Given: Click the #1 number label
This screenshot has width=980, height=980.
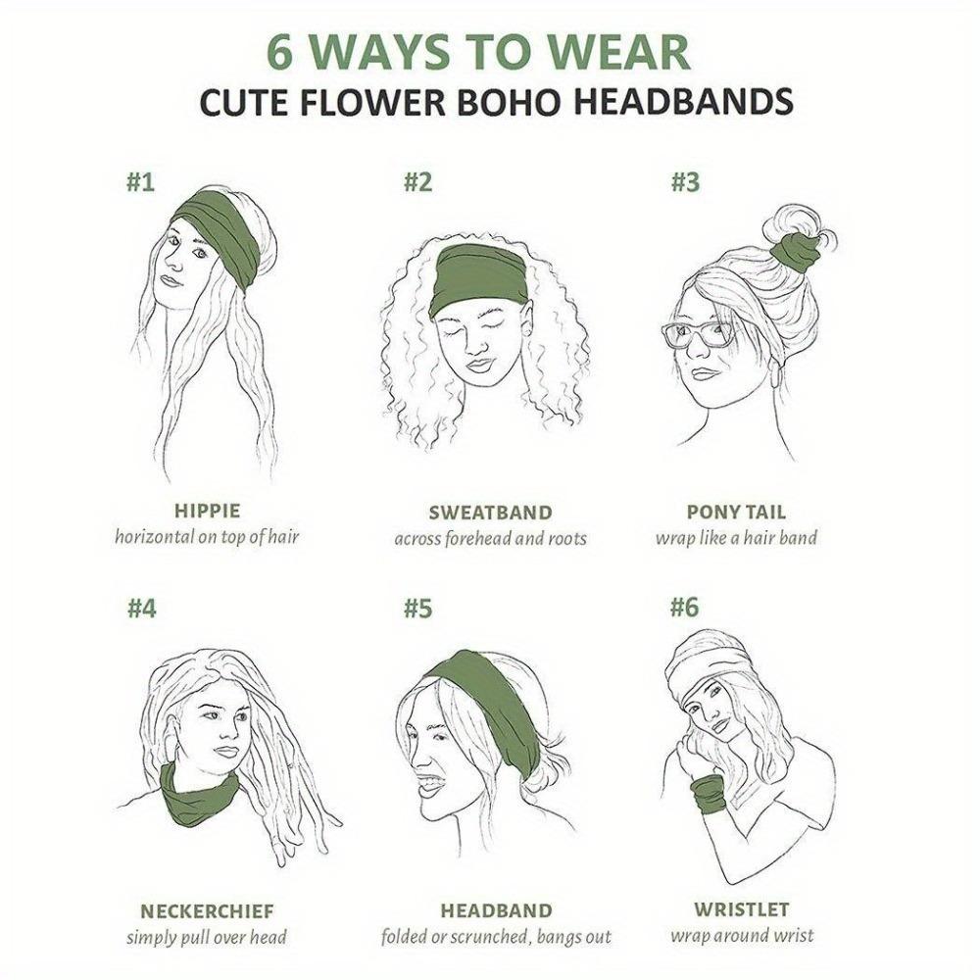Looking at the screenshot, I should pyautogui.click(x=141, y=182).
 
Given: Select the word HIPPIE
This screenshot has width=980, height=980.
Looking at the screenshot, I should pyautogui.click(x=207, y=511).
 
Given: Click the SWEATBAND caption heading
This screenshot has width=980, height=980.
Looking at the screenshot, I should pyautogui.click(x=490, y=513).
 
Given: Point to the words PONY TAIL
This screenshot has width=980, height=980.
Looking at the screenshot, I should pyautogui.click(x=736, y=512).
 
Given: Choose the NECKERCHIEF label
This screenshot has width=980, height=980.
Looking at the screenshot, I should pyautogui.click(x=207, y=910).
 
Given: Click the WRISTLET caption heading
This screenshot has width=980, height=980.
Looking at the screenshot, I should pyautogui.click(x=741, y=909).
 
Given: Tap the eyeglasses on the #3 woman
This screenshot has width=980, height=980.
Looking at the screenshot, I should pyautogui.click(x=700, y=334).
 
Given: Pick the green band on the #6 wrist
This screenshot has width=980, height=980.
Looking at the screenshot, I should pyautogui.click(x=708, y=793).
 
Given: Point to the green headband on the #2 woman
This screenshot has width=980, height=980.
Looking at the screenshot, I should pyautogui.click(x=480, y=276).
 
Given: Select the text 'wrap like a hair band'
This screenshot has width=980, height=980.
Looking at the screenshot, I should pyautogui.click(x=736, y=538).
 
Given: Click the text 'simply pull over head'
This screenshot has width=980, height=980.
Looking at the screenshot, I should pyautogui.click(x=207, y=937).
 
